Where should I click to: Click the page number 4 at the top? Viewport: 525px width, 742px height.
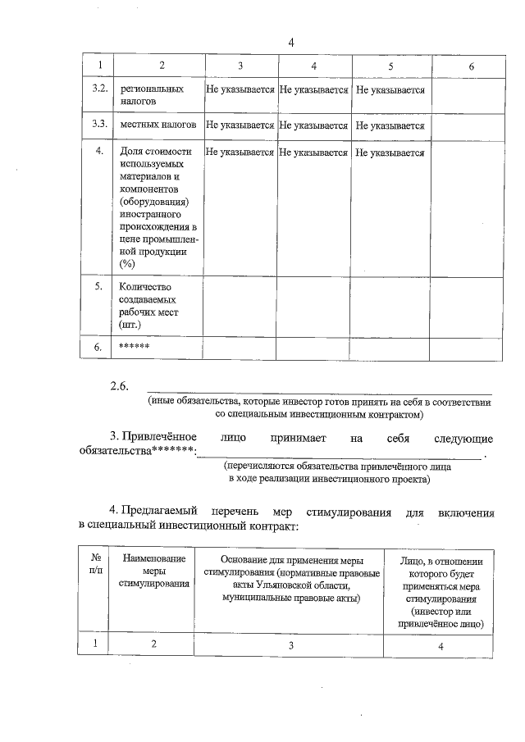pyautogui.click(x=291, y=43)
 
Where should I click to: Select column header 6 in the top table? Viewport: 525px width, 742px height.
pyautogui.click(x=471, y=66)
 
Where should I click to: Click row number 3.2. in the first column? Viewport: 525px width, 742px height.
pyautogui.click(x=98, y=89)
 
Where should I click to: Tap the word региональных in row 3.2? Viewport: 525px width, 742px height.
pyautogui.click(x=152, y=89)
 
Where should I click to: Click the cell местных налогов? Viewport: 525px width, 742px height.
pyautogui.click(x=157, y=125)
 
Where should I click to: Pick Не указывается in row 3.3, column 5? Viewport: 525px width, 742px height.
pyautogui.click(x=390, y=126)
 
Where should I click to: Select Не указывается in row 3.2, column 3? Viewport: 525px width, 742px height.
pyautogui.click(x=240, y=89)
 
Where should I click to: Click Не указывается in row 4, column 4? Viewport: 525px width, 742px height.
pyautogui.click(x=314, y=152)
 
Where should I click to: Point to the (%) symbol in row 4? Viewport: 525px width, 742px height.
pyautogui.click(x=127, y=263)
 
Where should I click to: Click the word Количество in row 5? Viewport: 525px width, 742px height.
pyautogui.click(x=148, y=287)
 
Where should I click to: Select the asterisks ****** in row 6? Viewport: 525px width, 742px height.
pyautogui.click(x=134, y=346)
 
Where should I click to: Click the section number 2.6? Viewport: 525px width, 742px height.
pyautogui.click(x=121, y=386)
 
